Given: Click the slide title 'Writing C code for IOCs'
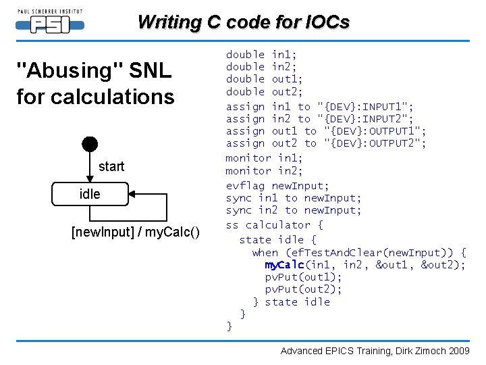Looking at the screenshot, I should coord(243,22).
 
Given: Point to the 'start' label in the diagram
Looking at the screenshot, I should coord(111,166).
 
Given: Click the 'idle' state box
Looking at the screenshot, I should coord(89,194).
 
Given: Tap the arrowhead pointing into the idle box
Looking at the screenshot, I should coord(130,194).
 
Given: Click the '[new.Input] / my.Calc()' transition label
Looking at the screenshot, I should coord(136,233).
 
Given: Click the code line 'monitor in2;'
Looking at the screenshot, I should coord(264,171).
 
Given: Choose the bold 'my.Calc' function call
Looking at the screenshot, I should coord(286,264).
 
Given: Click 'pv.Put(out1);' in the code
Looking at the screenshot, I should coord(303,277).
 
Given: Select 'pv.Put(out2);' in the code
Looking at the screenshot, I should coord(303,289).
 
